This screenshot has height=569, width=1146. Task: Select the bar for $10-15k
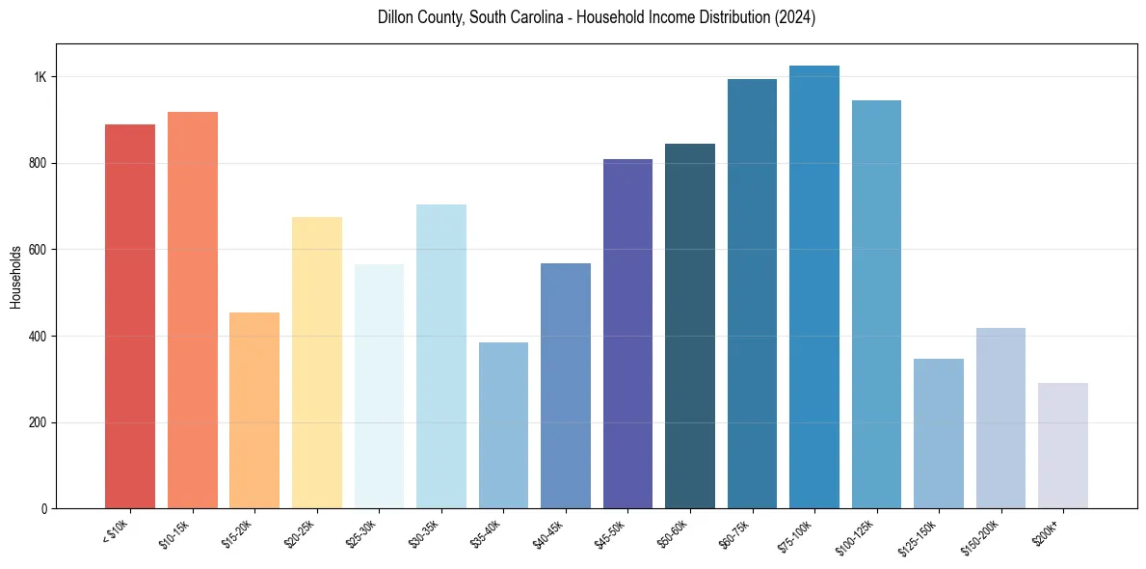point(193,310)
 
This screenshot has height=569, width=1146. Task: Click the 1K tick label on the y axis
point(40,77)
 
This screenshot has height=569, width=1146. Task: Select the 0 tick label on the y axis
point(44,509)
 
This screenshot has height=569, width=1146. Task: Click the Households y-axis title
point(15,277)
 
